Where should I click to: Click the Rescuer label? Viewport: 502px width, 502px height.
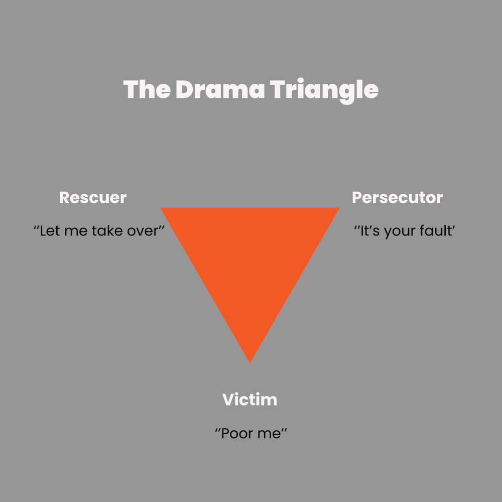tap(93, 197)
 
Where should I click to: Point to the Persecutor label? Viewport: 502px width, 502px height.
tap(397, 197)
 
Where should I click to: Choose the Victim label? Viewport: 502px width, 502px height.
tap(249, 400)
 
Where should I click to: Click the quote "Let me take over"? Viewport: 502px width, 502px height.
tap(99, 232)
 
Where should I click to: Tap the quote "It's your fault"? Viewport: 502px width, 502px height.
tap(404, 232)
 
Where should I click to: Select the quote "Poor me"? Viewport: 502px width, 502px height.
tap(250, 433)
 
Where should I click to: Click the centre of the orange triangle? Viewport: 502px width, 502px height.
tap(250, 259)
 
